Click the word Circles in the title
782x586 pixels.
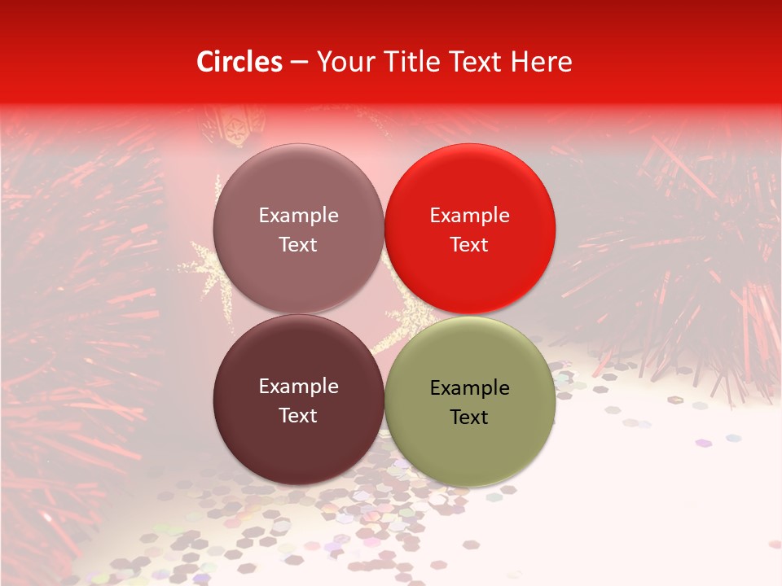[239, 62]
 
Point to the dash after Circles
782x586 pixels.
[299, 63]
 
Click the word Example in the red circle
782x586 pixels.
[470, 216]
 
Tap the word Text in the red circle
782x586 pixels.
[470, 244]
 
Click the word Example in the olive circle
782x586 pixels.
[470, 388]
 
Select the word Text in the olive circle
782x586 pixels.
[470, 417]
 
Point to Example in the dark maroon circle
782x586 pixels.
[298, 387]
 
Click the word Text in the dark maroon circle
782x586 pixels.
[298, 415]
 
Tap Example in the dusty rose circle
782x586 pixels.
[298, 216]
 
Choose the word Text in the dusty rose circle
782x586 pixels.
[298, 244]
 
